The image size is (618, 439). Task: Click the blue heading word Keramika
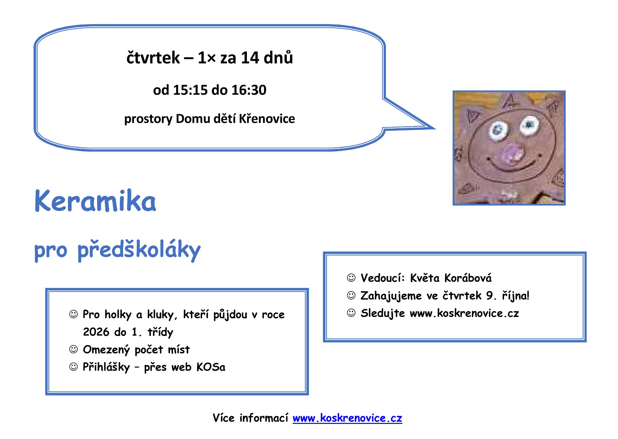(95, 201)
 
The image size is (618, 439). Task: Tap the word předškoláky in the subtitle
(139, 250)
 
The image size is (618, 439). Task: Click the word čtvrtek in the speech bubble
(153, 58)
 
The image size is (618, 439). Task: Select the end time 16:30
(249, 90)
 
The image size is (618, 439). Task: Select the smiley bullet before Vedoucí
(351, 278)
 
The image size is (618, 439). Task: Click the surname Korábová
(468, 278)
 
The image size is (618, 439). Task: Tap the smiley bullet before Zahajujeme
(351, 295)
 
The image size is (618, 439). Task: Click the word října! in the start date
(516, 296)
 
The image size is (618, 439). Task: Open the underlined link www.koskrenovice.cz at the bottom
(347, 418)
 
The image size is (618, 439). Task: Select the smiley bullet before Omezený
(74, 349)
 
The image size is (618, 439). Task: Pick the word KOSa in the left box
(211, 367)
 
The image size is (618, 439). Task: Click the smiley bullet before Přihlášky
(74, 367)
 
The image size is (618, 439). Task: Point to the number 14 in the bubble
(250, 58)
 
